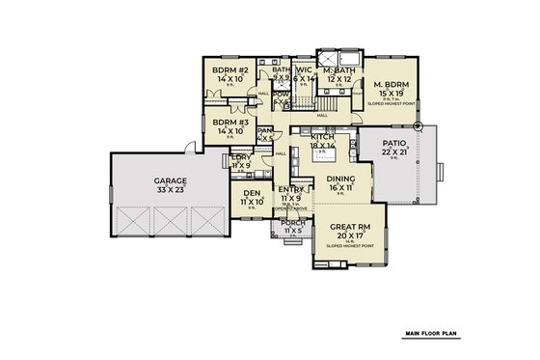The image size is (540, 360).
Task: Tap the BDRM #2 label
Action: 231,71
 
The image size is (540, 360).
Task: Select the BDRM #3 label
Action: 231,123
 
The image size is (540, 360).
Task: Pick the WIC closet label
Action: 304,70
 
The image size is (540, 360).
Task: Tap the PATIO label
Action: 376,143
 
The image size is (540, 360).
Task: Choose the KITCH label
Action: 322,138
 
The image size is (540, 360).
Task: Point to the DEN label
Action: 253,193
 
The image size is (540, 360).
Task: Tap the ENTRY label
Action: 291,189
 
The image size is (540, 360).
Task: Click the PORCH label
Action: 292,223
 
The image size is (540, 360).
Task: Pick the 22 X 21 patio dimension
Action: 376,152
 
